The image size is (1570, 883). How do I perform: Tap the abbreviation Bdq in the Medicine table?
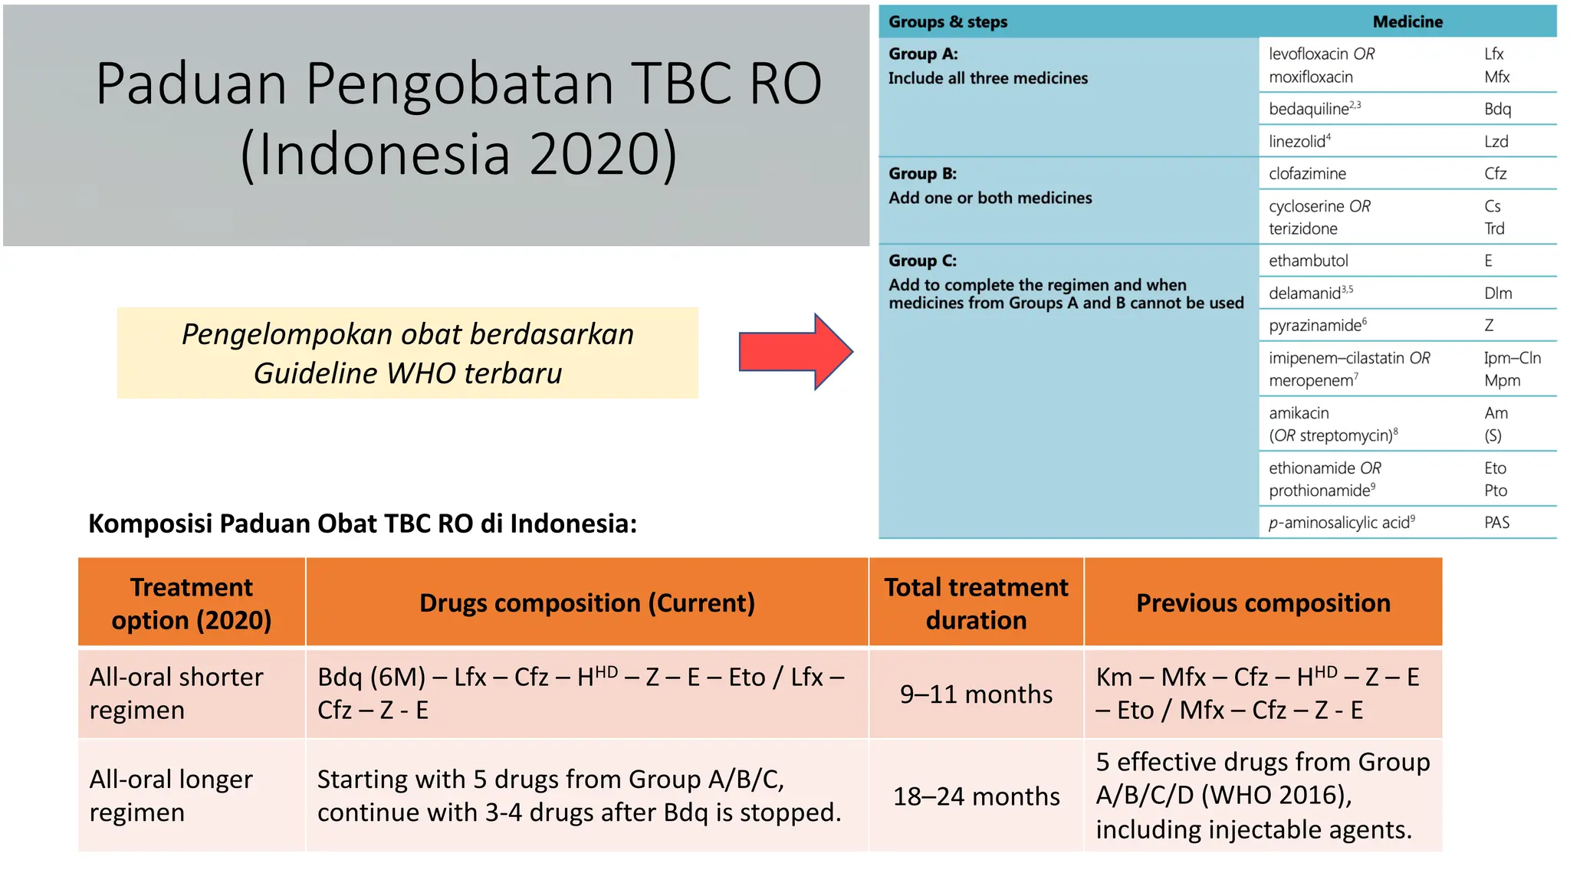1497,109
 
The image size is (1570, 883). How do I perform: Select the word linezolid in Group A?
1296,142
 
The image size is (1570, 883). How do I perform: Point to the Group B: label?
922,174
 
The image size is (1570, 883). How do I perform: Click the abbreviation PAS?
1496,523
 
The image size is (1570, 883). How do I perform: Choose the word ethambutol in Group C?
1308,261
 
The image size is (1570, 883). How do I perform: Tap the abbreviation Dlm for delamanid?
1498,293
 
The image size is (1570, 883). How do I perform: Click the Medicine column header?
1407,21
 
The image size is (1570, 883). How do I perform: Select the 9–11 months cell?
976,694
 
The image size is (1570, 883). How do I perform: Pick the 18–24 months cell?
976,796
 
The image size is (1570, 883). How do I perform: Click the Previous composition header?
1263,603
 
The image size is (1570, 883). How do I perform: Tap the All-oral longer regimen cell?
171,796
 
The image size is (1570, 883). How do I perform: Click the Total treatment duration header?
976,603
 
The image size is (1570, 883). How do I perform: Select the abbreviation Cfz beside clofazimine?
1495,174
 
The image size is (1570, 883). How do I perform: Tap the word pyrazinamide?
1314,326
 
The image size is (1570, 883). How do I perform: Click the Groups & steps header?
948,21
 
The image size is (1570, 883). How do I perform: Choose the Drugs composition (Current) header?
586,603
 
